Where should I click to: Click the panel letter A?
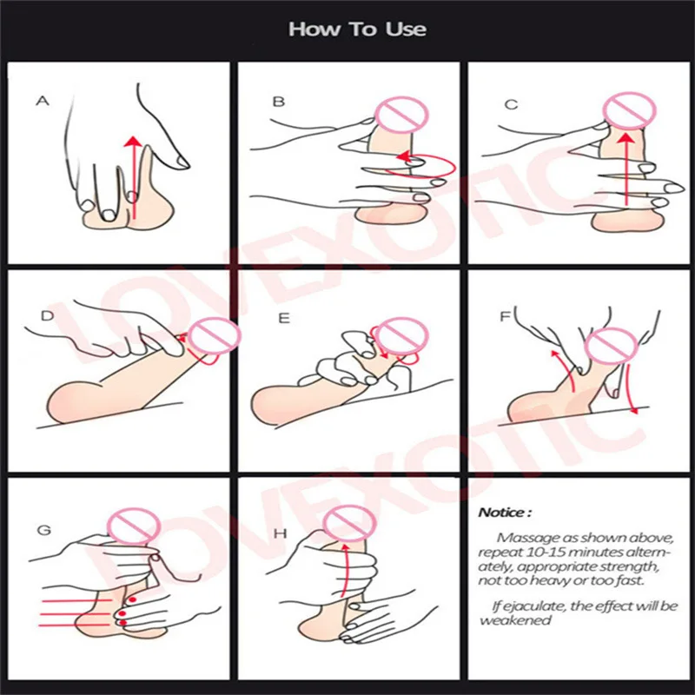tap(43, 101)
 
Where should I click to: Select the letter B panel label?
tap(278, 102)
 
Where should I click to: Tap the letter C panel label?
tap(511, 104)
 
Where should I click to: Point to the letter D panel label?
tap(47, 315)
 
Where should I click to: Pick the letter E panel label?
tap(284, 318)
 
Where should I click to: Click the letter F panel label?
tap(506, 316)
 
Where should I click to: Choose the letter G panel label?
tap(44, 530)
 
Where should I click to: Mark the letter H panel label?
tap(280, 533)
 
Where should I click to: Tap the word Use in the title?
tap(406, 30)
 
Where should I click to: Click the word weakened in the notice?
tap(515, 619)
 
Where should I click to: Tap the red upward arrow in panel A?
tap(133, 178)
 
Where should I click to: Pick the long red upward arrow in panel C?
tap(625, 169)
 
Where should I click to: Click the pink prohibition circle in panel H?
tap(350, 523)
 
